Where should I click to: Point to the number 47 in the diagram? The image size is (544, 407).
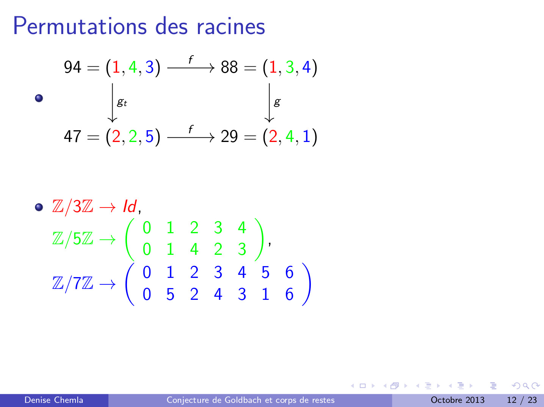click(72, 136)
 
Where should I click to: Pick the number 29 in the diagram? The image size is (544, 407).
click(229, 136)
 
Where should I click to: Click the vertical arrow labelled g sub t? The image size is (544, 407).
click(112, 103)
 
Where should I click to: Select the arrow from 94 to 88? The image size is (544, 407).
click(191, 67)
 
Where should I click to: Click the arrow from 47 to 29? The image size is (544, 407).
click(191, 137)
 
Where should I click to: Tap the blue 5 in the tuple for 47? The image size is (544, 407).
click(149, 136)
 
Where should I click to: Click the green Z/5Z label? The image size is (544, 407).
click(73, 239)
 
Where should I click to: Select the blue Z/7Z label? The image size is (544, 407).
click(73, 284)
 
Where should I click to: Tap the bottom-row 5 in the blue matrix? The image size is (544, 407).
click(170, 295)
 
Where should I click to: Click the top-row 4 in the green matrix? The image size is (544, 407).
click(242, 228)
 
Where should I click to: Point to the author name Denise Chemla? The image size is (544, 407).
click(54, 400)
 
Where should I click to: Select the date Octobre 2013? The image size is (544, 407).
click(458, 400)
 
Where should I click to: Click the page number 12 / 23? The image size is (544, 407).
click(522, 400)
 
